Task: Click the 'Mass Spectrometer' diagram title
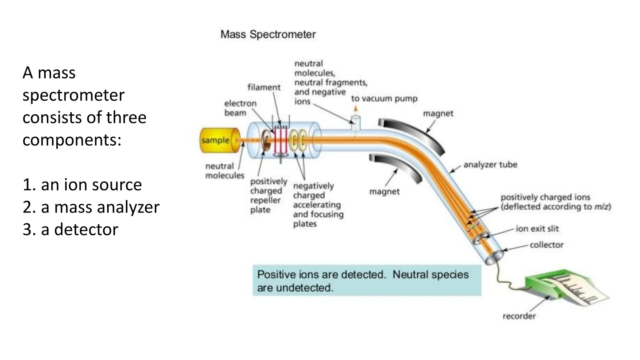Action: pos(268,34)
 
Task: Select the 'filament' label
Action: pos(264,87)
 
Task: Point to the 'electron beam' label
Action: pos(240,108)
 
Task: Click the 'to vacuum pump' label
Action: pos(384,99)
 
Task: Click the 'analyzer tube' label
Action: pos(490,165)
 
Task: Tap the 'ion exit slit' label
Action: pos(537,229)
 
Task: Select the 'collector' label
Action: pos(546,245)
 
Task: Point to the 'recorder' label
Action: pos(519,316)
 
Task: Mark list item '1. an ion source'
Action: pos(82,185)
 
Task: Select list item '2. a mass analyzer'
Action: pos(91,207)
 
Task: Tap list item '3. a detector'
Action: pos(70,230)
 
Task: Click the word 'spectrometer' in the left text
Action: pos(73,95)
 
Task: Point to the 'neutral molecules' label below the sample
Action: pos(224,171)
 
